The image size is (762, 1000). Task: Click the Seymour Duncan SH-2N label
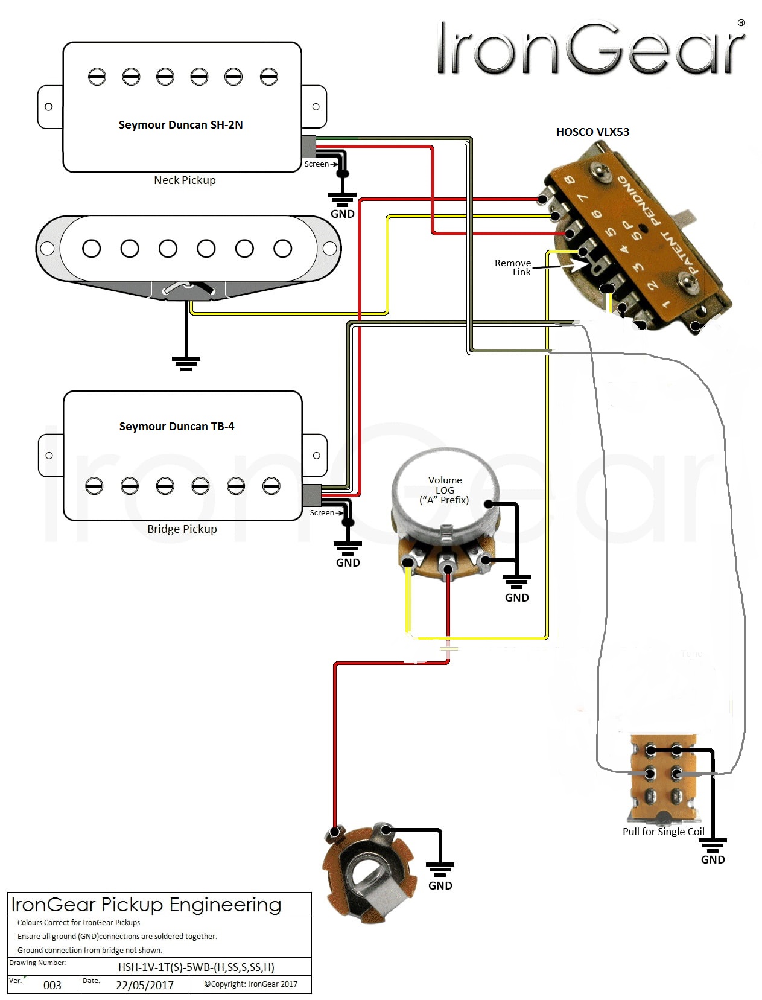click(180, 125)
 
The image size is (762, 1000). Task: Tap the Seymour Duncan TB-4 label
click(176, 427)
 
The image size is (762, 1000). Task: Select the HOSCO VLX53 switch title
click(592, 132)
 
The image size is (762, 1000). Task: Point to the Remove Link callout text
click(513, 267)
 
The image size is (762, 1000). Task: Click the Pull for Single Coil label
click(663, 832)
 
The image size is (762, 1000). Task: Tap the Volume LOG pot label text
click(445, 490)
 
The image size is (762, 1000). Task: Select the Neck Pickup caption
click(185, 180)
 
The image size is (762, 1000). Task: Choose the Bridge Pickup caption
click(182, 529)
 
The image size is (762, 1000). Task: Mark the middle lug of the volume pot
click(448, 568)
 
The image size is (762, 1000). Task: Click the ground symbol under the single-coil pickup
click(186, 362)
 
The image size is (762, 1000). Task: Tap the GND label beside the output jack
click(440, 885)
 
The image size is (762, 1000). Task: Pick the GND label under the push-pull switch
click(713, 859)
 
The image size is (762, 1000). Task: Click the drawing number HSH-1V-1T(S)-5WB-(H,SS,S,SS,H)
click(196, 967)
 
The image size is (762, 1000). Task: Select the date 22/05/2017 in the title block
click(145, 986)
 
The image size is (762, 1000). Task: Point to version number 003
click(52, 986)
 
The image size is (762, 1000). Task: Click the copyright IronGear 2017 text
click(250, 984)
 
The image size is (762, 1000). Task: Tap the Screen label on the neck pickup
click(316, 164)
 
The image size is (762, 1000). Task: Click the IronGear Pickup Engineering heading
click(146, 905)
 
